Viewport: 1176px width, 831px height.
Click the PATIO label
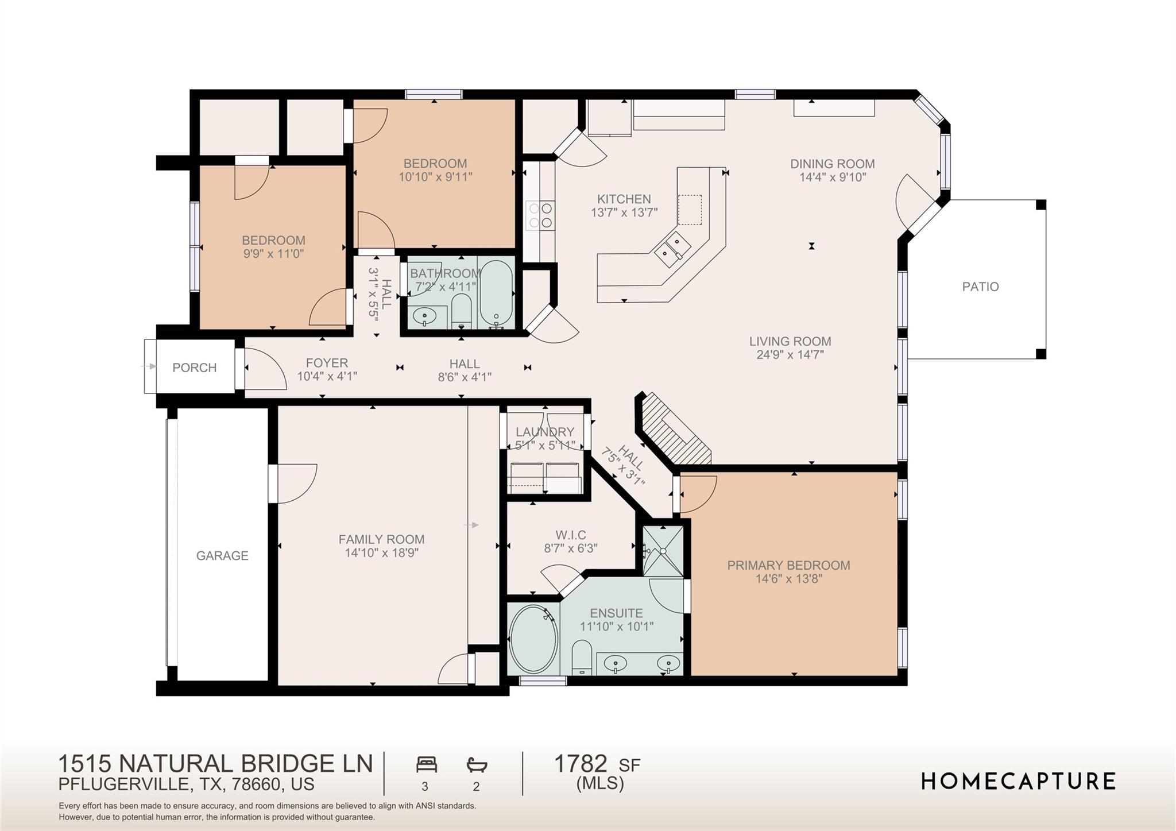980,287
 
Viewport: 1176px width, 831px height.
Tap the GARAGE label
222,555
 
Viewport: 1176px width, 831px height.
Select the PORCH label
195,368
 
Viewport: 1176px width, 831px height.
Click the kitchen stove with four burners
540,215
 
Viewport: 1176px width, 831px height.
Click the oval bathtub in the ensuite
533,639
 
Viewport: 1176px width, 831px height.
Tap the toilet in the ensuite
582,658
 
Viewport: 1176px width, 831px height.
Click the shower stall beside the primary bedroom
663,551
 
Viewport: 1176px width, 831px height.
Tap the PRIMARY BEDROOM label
788,565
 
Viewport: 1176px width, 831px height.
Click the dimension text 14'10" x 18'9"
381,553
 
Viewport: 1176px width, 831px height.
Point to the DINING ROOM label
832,164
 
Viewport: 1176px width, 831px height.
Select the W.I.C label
570,535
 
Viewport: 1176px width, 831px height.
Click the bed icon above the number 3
426,765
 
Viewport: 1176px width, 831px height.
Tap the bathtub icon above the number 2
477,765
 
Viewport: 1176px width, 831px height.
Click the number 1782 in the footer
580,764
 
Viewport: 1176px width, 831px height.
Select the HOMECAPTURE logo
1018,781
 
